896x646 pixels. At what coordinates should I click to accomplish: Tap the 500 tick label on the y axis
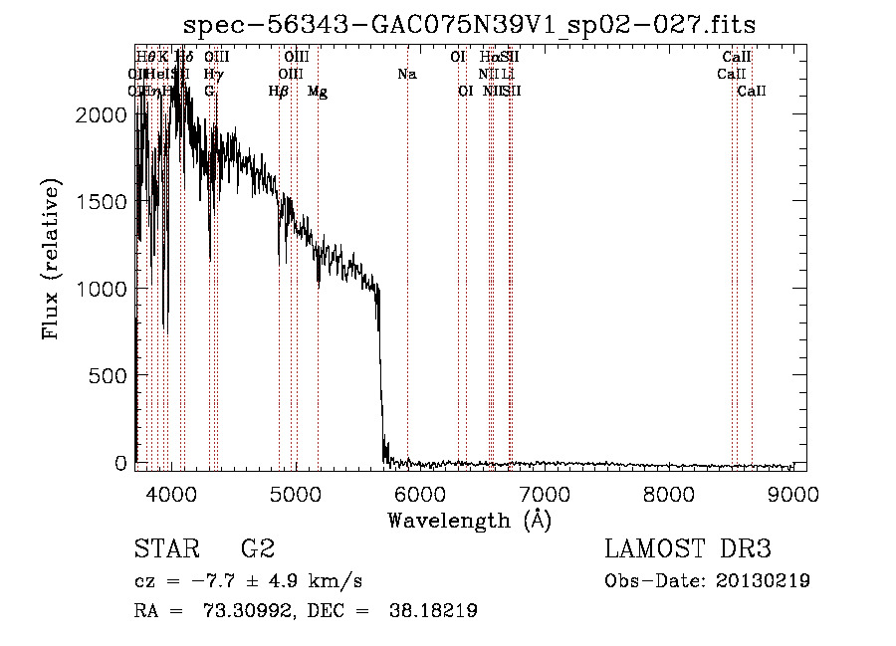112,375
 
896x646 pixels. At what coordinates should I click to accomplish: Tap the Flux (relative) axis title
51,258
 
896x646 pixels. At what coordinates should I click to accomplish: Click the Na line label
406,75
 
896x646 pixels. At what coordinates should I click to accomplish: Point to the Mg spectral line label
318,92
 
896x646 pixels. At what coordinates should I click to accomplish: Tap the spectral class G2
258,549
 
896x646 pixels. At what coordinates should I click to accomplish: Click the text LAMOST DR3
687,549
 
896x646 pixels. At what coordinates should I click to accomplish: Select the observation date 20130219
765,581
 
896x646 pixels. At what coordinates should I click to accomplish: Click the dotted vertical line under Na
407,299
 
